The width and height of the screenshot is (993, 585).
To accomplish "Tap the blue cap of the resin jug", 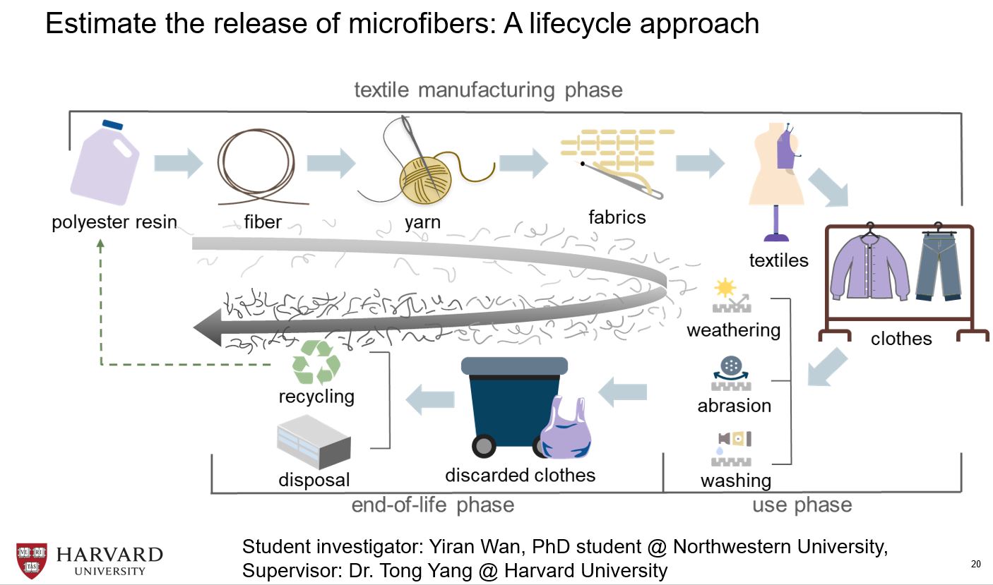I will (112, 125).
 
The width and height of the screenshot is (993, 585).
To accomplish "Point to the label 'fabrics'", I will (617, 217).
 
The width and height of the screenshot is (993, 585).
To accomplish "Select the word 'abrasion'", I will (734, 406).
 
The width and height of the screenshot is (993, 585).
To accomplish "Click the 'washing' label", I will (735, 481).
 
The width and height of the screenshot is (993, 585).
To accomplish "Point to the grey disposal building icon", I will (314, 442).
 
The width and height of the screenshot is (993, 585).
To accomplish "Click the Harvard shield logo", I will (31, 560).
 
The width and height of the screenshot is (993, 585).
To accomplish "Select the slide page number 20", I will (976, 564).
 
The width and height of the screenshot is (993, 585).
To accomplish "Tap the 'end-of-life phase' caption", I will (432, 505).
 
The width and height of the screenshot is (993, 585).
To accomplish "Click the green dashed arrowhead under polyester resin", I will (100, 243).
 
